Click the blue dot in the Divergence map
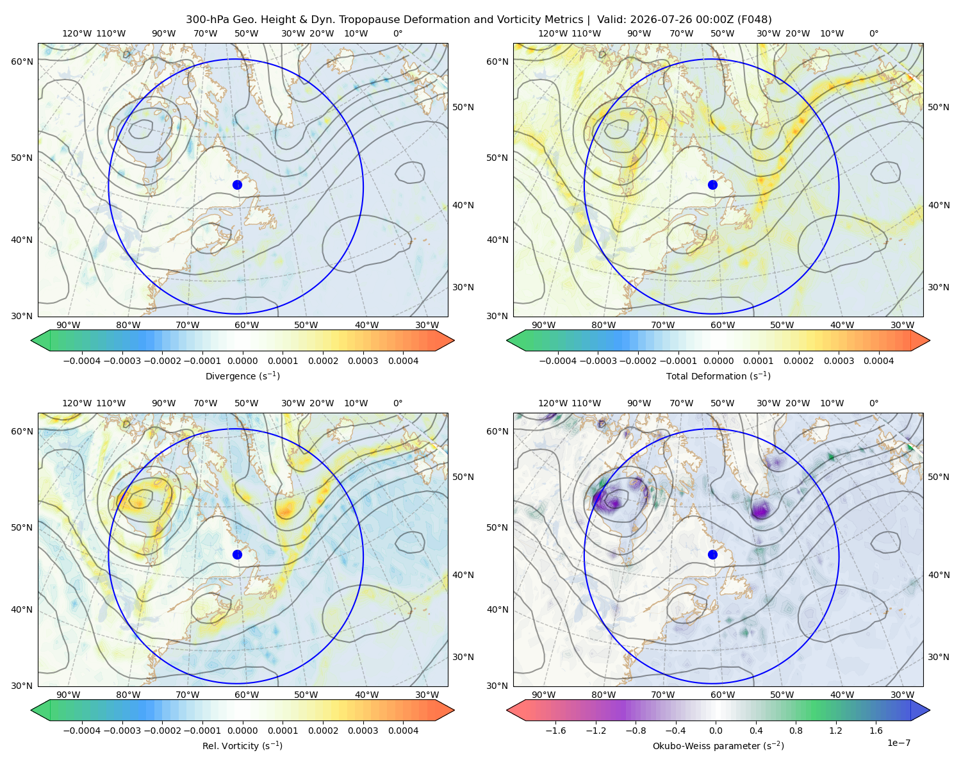[x=237, y=185]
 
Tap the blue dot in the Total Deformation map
[x=712, y=185]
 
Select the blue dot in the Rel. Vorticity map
[x=237, y=554]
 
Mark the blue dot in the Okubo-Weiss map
[x=712, y=554]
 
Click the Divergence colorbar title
[x=242, y=376]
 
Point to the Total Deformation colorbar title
[x=718, y=376]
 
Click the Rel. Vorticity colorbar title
[x=242, y=745]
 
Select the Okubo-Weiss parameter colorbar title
[x=718, y=745]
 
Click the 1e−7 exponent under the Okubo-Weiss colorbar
[x=898, y=743]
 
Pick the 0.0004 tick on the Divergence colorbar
[x=403, y=361]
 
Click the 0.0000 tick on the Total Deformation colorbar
[x=718, y=361]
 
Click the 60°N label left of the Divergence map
[x=22, y=62]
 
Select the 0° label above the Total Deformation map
[x=873, y=33]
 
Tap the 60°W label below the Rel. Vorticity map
[x=247, y=695]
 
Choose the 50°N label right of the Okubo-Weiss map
[x=938, y=477]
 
